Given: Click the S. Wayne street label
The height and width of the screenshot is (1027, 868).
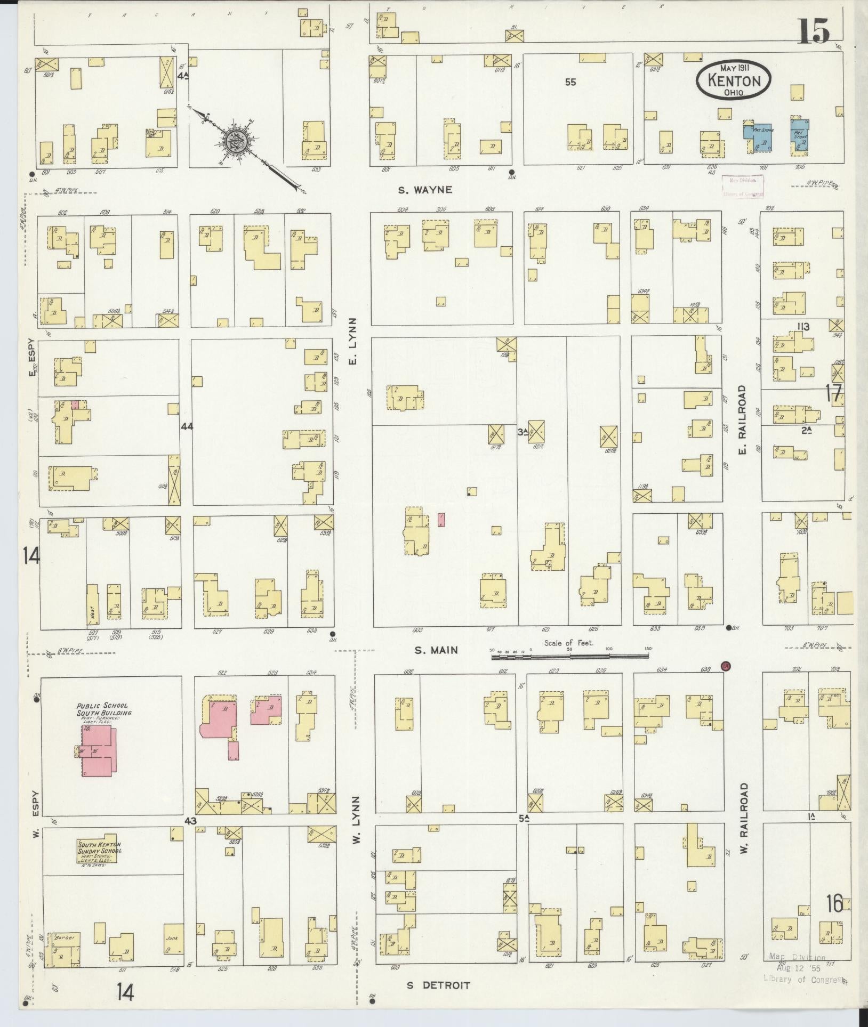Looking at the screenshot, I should click(x=426, y=189).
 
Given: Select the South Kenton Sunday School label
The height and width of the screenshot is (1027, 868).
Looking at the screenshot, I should click(x=100, y=848).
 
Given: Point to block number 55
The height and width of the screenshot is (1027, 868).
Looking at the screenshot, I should click(x=571, y=82).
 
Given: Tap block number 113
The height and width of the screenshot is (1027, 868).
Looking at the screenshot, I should click(x=803, y=327).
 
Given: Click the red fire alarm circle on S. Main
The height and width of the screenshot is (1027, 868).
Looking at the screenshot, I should click(x=725, y=666).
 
